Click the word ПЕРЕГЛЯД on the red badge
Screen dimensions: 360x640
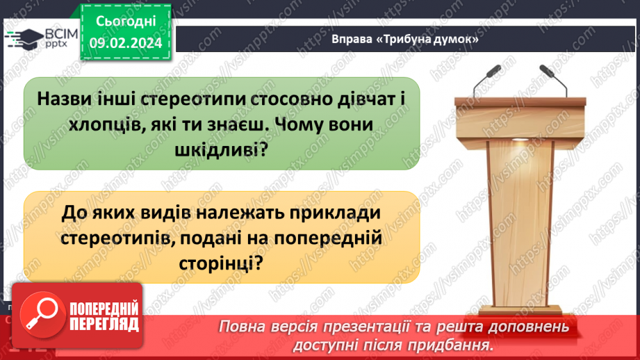click(104, 324)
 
